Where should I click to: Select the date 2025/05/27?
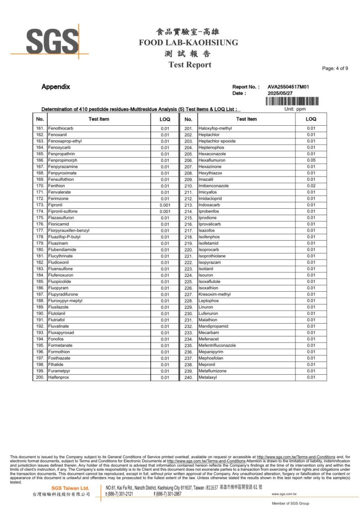click(x=281, y=93)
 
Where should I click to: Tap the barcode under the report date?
click(x=292, y=101)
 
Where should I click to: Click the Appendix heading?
click(x=56, y=87)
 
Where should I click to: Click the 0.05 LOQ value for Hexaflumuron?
click(x=311, y=161)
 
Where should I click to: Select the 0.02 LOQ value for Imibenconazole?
click(x=311, y=186)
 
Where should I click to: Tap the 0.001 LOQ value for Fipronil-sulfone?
click(x=165, y=211)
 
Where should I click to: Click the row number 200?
click(x=40, y=377)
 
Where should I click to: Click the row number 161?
click(x=40, y=128)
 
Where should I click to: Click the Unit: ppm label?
click(x=295, y=109)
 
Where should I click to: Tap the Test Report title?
click(x=189, y=65)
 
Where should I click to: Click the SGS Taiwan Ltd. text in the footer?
click(x=71, y=489)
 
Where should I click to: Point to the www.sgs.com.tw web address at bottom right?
click(x=284, y=494)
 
